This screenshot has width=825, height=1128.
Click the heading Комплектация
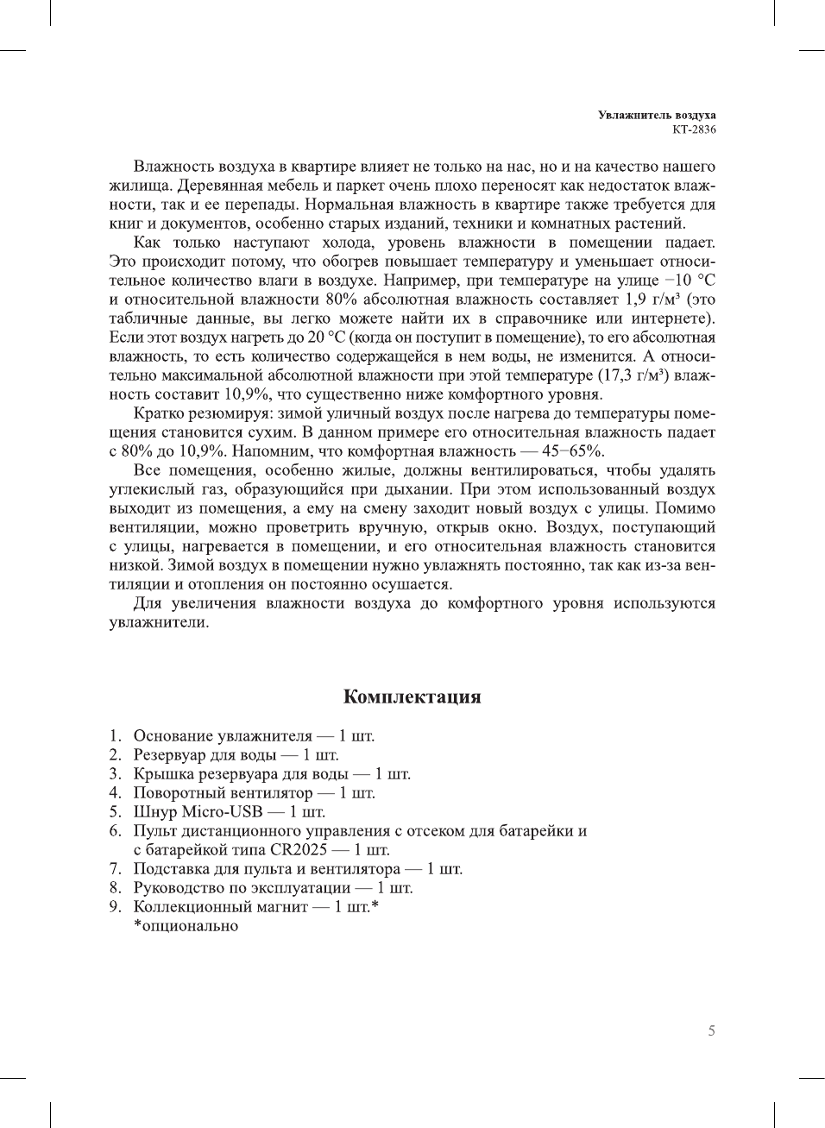click(x=412, y=696)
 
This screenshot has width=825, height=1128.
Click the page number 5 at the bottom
click(x=711, y=1030)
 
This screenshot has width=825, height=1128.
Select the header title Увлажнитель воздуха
click(x=657, y=115)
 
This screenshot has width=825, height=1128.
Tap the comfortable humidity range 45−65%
click(x=572, y=451)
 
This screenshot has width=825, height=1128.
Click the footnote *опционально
click(x=186, y=926)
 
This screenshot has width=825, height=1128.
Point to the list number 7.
click(x=115, y=868)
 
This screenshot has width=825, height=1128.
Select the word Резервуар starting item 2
click(x=169, y=754)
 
